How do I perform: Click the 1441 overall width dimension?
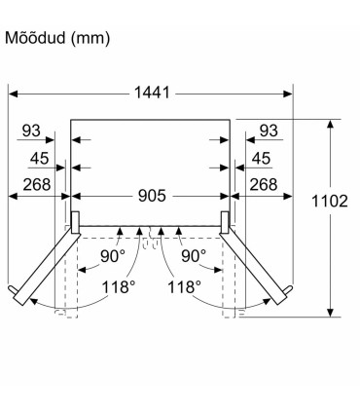point(152,93)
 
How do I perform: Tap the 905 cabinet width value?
point(152,196)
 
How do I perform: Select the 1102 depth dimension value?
point(330,201)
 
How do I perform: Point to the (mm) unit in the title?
point(90,39)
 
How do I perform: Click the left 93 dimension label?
point(31,131)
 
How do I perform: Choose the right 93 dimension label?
point(269,131)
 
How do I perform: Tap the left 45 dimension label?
point(40,159)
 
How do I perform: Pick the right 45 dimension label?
point(262,159)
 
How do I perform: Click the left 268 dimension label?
point(37,185)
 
